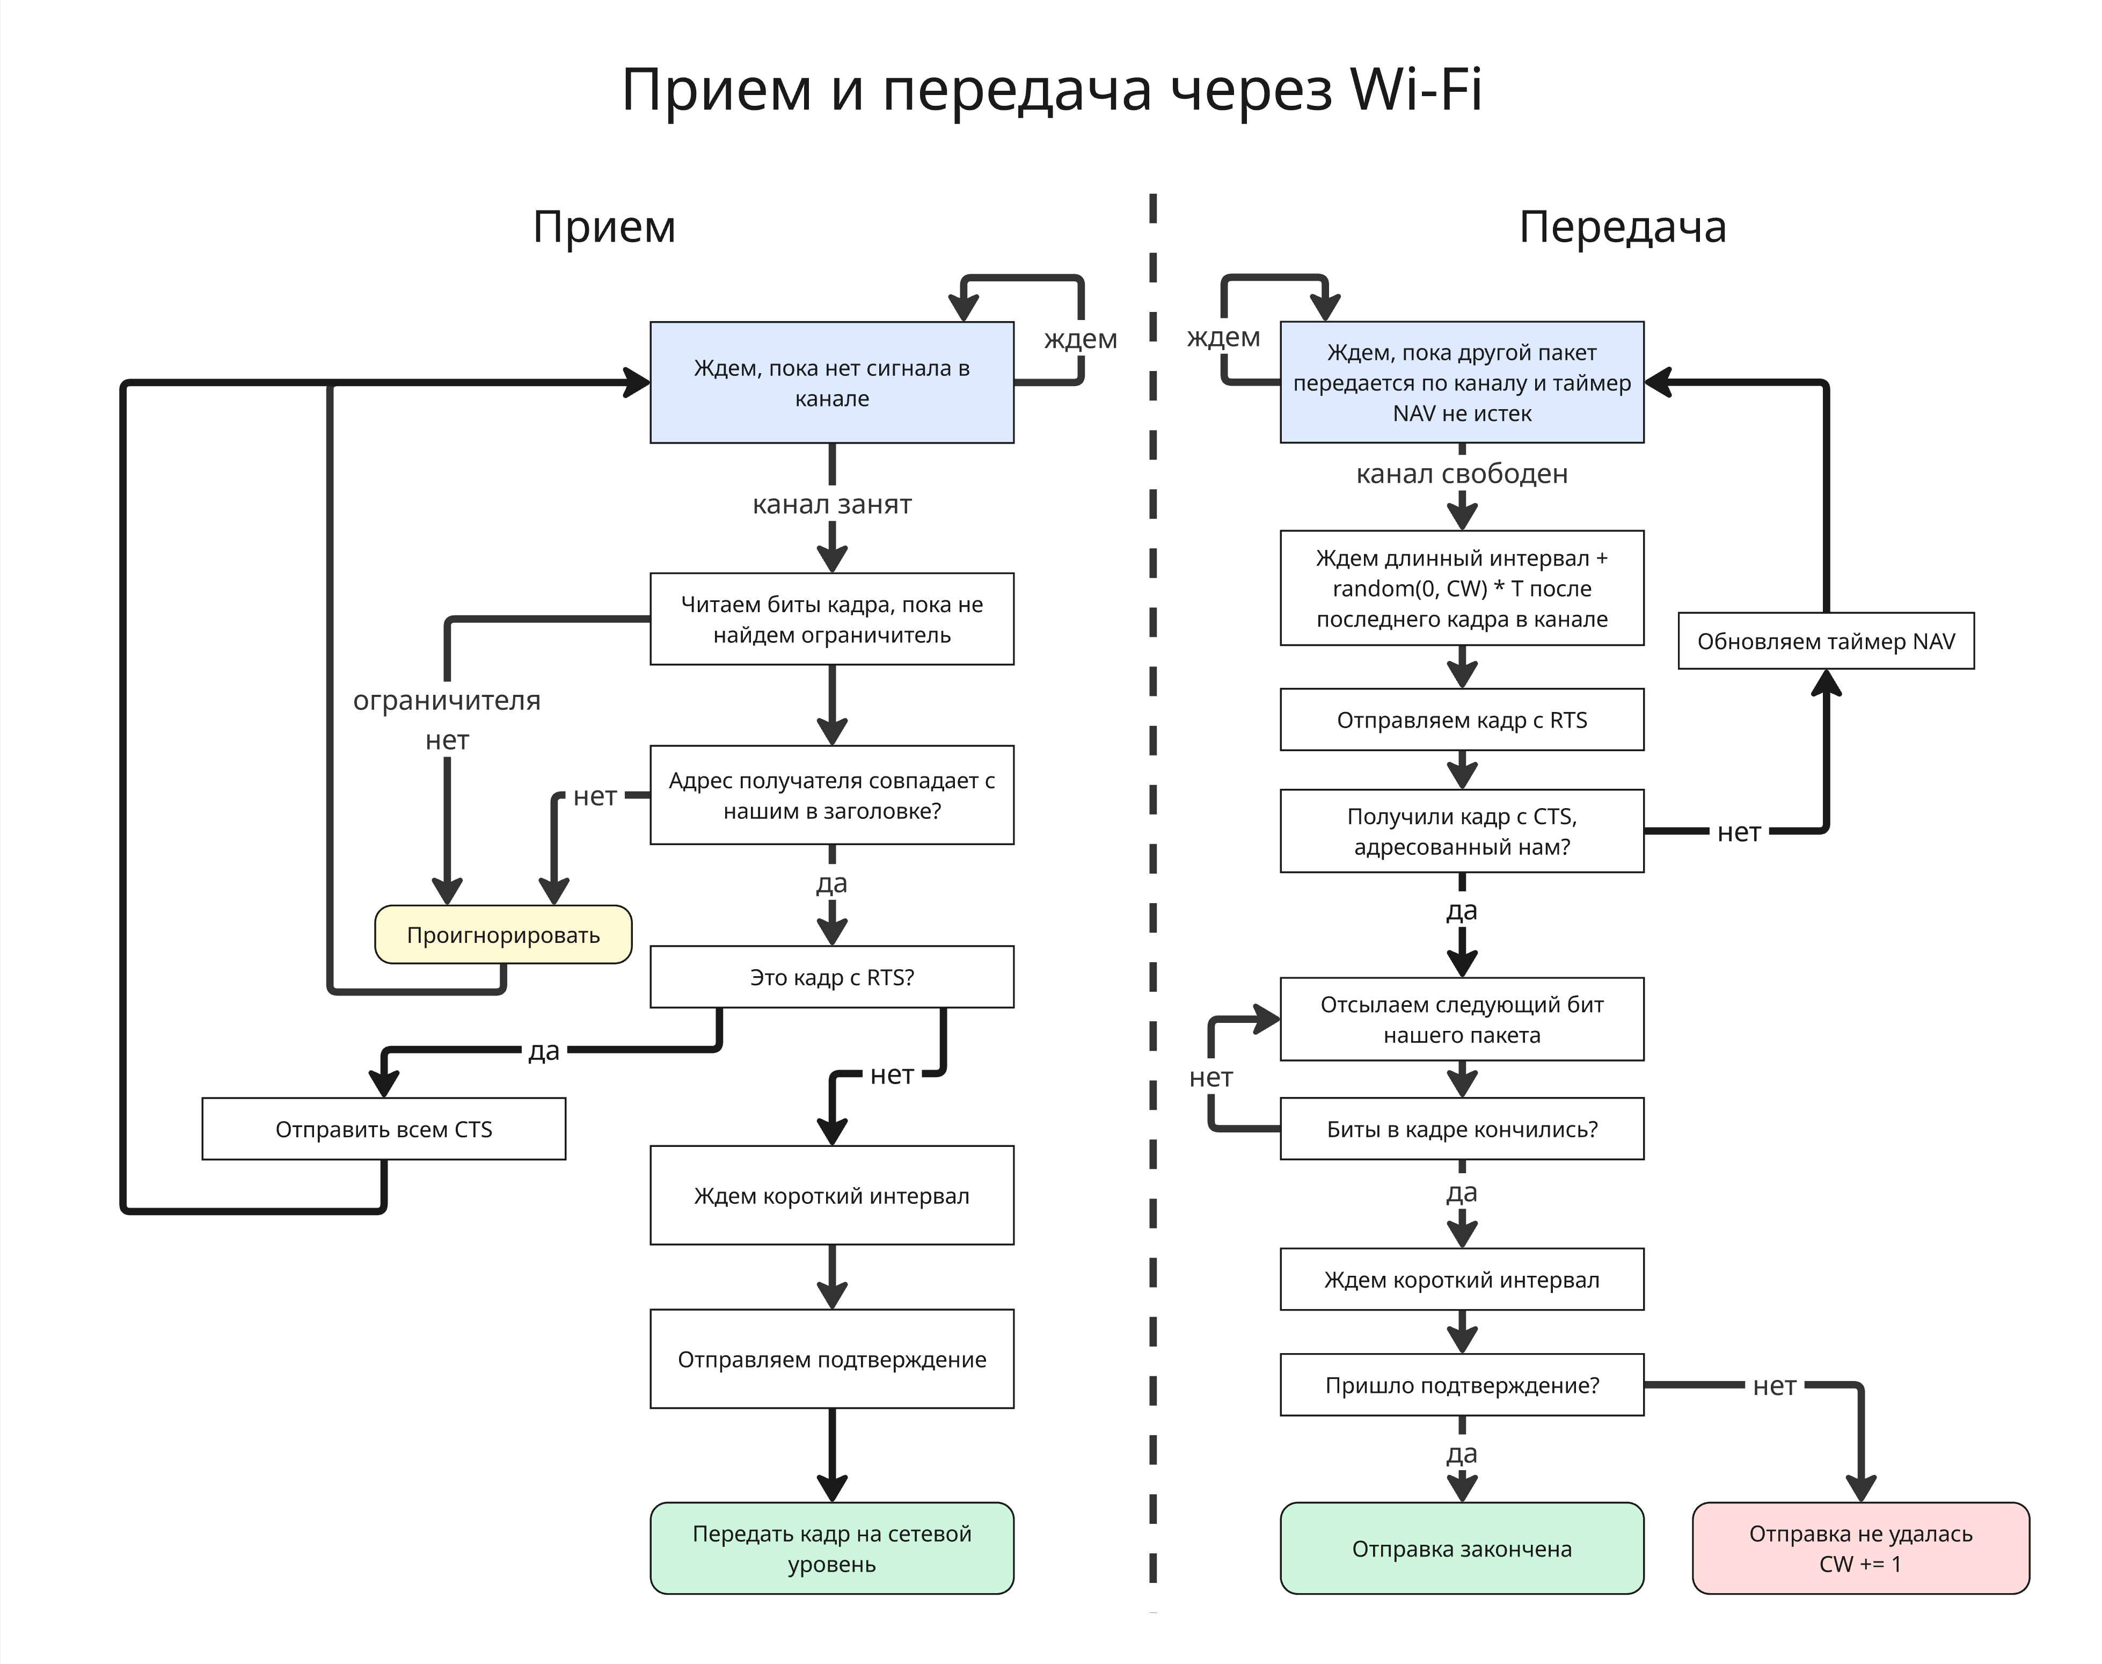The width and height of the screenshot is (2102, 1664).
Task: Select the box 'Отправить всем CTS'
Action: pos(384,1129)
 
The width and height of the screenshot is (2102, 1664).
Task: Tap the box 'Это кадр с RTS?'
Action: pos(832,977)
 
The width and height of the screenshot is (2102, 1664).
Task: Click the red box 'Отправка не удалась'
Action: pos(1860,1548)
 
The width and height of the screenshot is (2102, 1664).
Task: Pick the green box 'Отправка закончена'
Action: pos(1461,1548)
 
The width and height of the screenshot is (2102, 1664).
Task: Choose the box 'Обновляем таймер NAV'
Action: pos(1826,641)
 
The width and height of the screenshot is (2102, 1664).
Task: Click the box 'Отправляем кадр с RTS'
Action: pos(1461,720)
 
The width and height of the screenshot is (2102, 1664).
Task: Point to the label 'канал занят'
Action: pos(832,505)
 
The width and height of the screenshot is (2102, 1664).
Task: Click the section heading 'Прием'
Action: pos(604,227)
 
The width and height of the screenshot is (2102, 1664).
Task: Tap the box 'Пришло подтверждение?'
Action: pos(1461,1384)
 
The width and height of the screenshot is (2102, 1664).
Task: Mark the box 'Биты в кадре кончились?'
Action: pos(1461,1129)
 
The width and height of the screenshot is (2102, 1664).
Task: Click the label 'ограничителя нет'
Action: pos(447,719)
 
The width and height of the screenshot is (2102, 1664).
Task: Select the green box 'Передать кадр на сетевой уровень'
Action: pos(832,1548)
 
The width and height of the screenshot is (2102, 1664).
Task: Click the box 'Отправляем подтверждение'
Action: pos(832,1359)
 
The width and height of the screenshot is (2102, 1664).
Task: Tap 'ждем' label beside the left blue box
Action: pos(1080,339)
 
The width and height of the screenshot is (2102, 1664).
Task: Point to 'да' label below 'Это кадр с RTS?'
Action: pos(544,1050)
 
